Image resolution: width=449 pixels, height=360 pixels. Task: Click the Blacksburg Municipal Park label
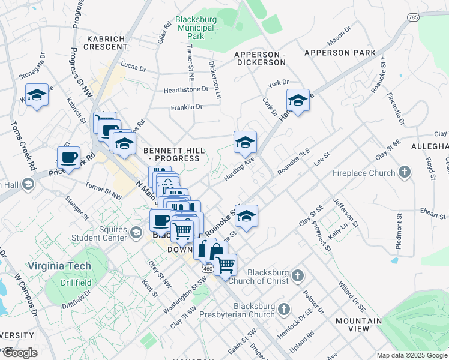click(x=195, y=28)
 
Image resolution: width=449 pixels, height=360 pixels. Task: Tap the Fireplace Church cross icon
click(x=405, y=173)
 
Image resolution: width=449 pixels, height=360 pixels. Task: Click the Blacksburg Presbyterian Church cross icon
click(x=283, y=310)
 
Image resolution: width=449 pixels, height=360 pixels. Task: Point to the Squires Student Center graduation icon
click(x=137, y=232)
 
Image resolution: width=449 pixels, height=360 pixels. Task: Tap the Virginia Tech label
click(x=59, y=266)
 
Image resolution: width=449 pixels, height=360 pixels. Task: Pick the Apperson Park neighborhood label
click(x=340, y=53)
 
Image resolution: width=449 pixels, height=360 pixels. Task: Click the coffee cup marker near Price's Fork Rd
click(x=69, y=157)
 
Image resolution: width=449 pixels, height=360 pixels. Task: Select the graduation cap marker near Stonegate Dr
click(x=37, y=94)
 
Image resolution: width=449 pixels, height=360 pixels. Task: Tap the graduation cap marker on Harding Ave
click(x=245, y=142)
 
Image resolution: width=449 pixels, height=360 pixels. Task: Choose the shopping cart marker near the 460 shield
click(x=225, y=264)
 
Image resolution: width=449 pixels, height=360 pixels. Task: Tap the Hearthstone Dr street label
click(x=186, y=90)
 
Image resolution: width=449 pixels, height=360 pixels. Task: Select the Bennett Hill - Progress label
click(x=172, y=154)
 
